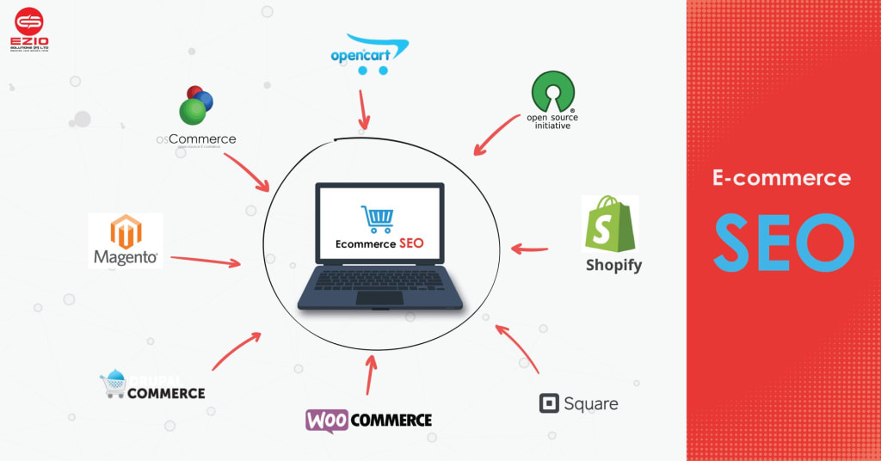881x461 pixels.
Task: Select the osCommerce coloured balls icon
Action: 195,106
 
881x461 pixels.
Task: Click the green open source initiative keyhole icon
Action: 552,91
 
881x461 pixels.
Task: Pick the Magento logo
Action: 126,240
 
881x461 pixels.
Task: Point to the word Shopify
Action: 613,265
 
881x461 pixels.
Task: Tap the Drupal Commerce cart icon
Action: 114,385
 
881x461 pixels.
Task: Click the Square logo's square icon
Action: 549,403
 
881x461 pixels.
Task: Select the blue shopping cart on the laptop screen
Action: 377,218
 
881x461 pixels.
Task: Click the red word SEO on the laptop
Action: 411,243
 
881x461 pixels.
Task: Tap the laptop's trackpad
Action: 379,298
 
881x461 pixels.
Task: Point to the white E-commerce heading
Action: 781,178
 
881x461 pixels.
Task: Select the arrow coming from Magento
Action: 206,260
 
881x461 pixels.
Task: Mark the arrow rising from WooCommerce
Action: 371,372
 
